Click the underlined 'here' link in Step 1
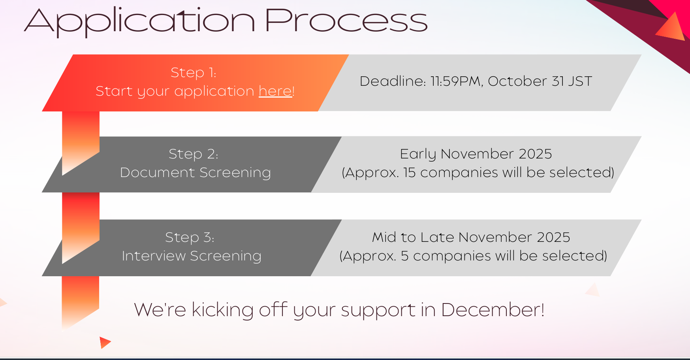pyautogui.click(x=275, y=91)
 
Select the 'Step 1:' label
pyautogui.click(x=194, y=73)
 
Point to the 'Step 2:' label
pyautogui.click(x=194, y=154)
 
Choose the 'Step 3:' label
pyautogui.click(x=190, y=237)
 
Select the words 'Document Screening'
pyautogui.click(x=196, y=173)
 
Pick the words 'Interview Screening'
pyautogui.click(x=192, y=256)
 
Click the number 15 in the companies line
pyautogui.click(x=410, y=173)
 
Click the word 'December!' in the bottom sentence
pyautogui.click(x=493, y=310)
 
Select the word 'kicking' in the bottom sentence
pyautogui.click(x=222, y=310)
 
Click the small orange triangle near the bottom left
pyautogui.click(x=105, y=343)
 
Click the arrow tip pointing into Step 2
pyautogui.click(x=63, y=175)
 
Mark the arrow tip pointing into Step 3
pyautogui.click(x=63, y=263)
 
